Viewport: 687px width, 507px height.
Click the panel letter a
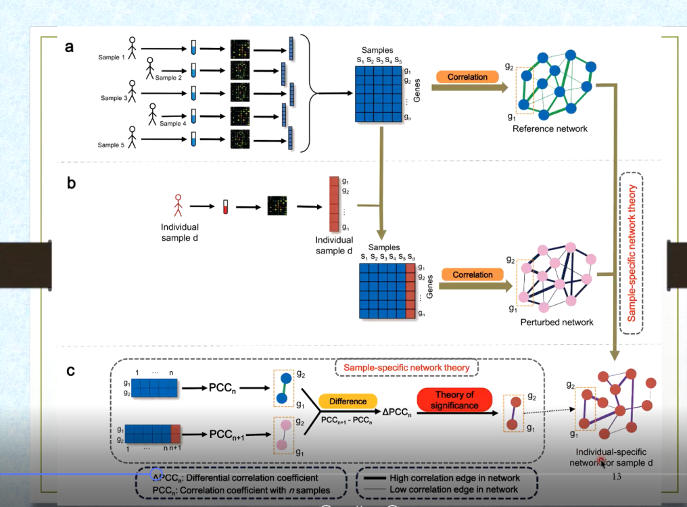coord(68,47)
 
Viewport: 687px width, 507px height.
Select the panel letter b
coord(71,183)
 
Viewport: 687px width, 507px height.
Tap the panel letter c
coord(70,370)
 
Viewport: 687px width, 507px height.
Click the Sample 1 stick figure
coord(133,49)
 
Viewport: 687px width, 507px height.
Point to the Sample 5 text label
coord(112,145)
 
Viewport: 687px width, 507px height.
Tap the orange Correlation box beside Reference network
coord(467,77)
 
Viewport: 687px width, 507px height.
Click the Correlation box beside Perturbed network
coord(473,275)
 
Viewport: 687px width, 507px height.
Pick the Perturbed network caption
coord(556,322)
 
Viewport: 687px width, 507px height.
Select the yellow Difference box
coord(348,402)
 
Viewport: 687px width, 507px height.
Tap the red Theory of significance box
coord(454,400)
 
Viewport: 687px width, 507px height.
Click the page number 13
coord(616,477)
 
